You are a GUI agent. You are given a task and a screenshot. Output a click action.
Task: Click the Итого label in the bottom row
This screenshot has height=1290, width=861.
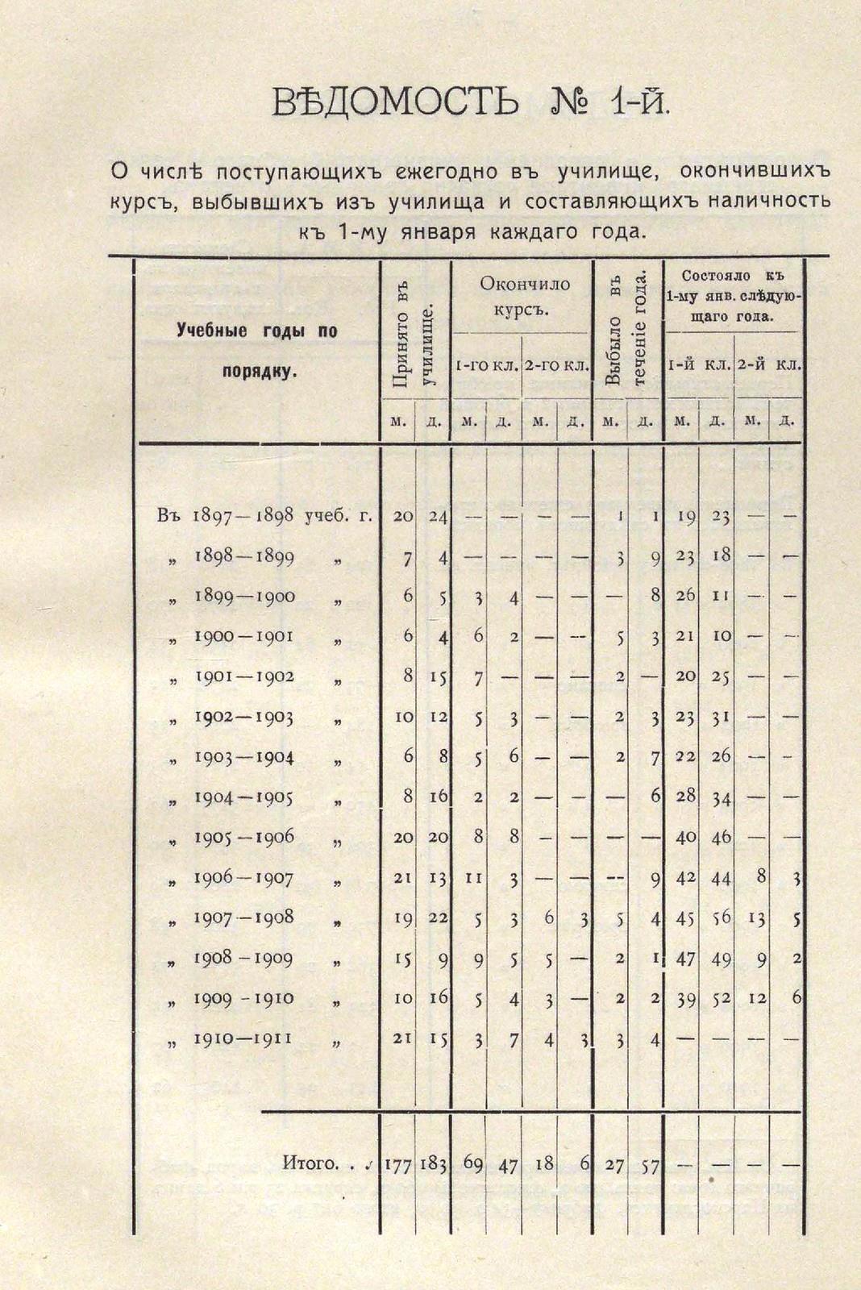310,1163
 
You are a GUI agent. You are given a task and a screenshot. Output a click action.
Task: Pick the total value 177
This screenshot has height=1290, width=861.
398,1163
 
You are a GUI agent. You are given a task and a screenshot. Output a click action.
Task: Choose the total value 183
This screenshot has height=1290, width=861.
434,1163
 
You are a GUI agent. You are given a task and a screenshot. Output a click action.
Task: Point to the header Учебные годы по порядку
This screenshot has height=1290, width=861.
257,351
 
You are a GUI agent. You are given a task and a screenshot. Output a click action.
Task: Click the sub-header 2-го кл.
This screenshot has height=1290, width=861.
556,365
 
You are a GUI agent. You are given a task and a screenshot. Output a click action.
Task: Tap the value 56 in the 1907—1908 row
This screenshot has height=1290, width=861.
721,918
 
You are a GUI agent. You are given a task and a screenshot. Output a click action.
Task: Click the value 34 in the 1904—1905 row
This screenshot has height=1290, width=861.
721,797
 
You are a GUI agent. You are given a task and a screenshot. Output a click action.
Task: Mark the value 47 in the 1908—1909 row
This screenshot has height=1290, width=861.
685,959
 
